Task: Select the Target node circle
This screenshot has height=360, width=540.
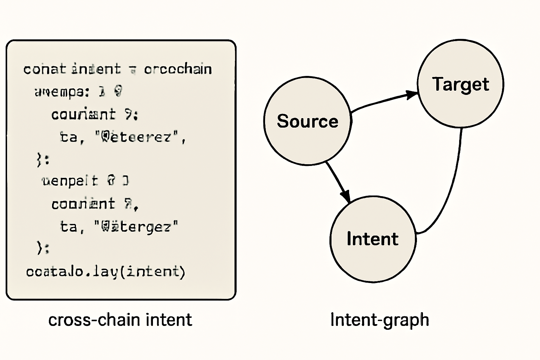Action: coord(461,105)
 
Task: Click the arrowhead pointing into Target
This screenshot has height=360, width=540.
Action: coord(411,95)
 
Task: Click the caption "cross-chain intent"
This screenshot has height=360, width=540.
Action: coord(120,320)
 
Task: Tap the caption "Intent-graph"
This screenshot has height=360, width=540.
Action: coord(380,320)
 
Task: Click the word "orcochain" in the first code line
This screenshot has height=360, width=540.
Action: coord(178,69)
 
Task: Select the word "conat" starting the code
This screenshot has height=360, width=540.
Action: coord(44,69)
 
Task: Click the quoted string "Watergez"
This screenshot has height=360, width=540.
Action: coord(136,226)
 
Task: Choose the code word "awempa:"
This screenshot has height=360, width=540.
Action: coord(62,92)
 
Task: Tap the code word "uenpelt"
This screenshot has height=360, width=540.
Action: coord(70,181)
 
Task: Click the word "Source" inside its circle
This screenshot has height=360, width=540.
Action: coord(308,121)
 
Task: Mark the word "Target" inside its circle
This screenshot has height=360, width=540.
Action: coord(461,84)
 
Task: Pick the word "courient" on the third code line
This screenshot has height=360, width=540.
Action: coord(83,115)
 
